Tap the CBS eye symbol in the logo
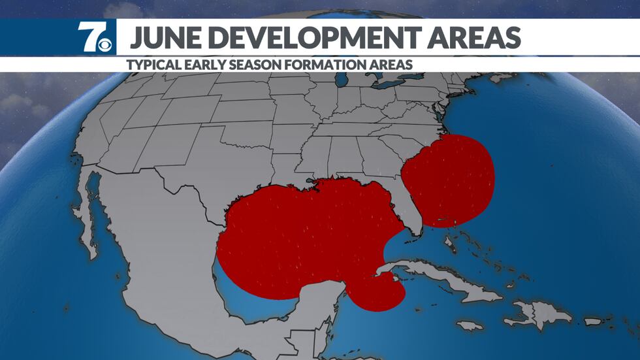pyautogui.click(x=105, y=44)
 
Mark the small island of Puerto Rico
pyautogui.click(x=593, y=321)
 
